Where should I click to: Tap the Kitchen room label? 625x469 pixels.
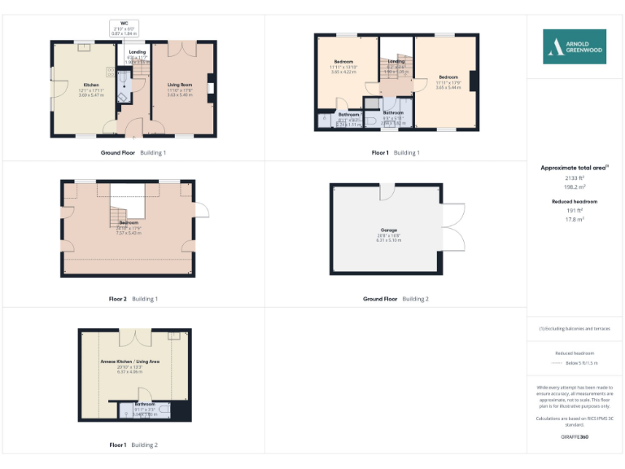[90, 85]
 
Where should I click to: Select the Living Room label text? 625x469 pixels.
[180, 85]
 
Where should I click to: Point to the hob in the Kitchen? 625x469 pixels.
[84, 48]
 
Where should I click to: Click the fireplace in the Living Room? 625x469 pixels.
[211, 88]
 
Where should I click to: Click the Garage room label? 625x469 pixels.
[387, 230]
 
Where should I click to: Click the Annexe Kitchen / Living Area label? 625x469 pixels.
[129, 361]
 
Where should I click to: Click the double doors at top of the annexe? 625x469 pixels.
[130, 338]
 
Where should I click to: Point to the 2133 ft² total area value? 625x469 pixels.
[575, 177]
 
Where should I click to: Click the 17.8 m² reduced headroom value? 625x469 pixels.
[575, 218]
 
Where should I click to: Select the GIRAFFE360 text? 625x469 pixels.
[575, 437]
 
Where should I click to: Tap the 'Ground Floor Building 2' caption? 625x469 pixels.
[396, 299]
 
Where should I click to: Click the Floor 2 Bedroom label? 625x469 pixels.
[129, 222]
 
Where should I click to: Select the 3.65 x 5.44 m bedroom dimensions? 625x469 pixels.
[448, 87]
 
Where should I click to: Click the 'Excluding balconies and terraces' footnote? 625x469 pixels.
[575, 328]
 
